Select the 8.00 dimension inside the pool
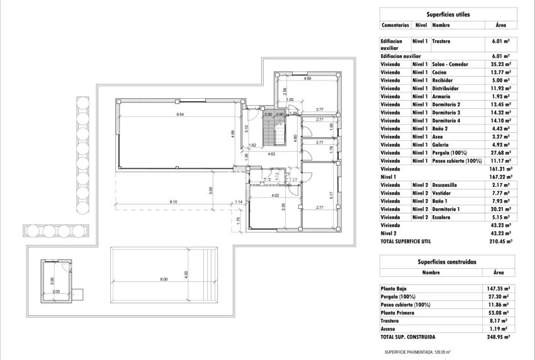point(164,279)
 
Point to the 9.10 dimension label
point(173,201)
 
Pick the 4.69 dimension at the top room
point(308,78)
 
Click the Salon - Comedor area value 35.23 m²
point(500,64)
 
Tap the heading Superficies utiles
point(448,13)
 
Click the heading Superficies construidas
point(448,261)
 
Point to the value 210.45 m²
point(500,241)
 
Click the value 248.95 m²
point(500,337)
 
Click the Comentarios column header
point(395,25)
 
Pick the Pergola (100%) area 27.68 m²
point(500,153)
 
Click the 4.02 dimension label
point(274,196)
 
